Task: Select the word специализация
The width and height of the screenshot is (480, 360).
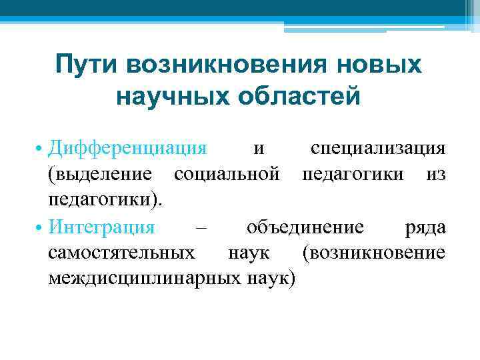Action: pos(378,147)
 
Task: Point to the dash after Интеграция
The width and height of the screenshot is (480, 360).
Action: pos(201,228)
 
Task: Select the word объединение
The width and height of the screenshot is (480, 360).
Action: pos(305,227)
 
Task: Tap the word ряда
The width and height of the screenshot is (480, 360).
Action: pos(425,228)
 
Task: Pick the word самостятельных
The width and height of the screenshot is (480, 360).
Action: pos(122,253)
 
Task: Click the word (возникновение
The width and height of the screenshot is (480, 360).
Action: pos(373,253)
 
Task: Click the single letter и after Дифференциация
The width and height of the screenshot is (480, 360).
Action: pos(259,148)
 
